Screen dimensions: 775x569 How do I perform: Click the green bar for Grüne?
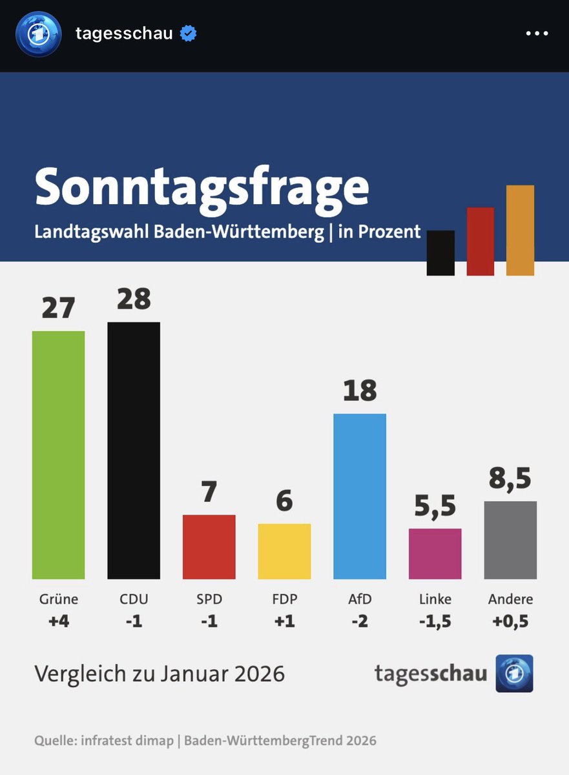[58, 455]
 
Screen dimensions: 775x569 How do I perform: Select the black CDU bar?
[134, 450]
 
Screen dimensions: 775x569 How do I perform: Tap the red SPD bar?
[209, 546]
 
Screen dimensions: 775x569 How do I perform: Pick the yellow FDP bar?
[284, 551]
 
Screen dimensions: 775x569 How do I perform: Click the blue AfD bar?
[360, 496]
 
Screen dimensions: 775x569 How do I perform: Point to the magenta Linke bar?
[435, 553]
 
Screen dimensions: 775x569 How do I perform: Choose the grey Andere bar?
[510, 540]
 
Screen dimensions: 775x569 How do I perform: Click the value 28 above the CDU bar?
[134, 299]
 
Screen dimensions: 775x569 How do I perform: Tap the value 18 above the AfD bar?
[360, 391]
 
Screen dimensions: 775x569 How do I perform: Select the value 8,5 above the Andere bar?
[510, 479]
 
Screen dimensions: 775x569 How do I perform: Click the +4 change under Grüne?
[58, 621]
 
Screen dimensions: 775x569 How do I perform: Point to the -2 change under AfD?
[360, 621]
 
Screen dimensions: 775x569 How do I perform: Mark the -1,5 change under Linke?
[435, 621]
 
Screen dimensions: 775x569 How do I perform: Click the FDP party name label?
[284, 599]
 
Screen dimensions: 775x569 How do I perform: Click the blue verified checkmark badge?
[188, 34]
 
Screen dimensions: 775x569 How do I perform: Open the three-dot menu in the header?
[537, 34]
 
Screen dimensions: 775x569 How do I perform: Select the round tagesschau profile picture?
[39, 34]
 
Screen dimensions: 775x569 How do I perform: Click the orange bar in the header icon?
[520, 230]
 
